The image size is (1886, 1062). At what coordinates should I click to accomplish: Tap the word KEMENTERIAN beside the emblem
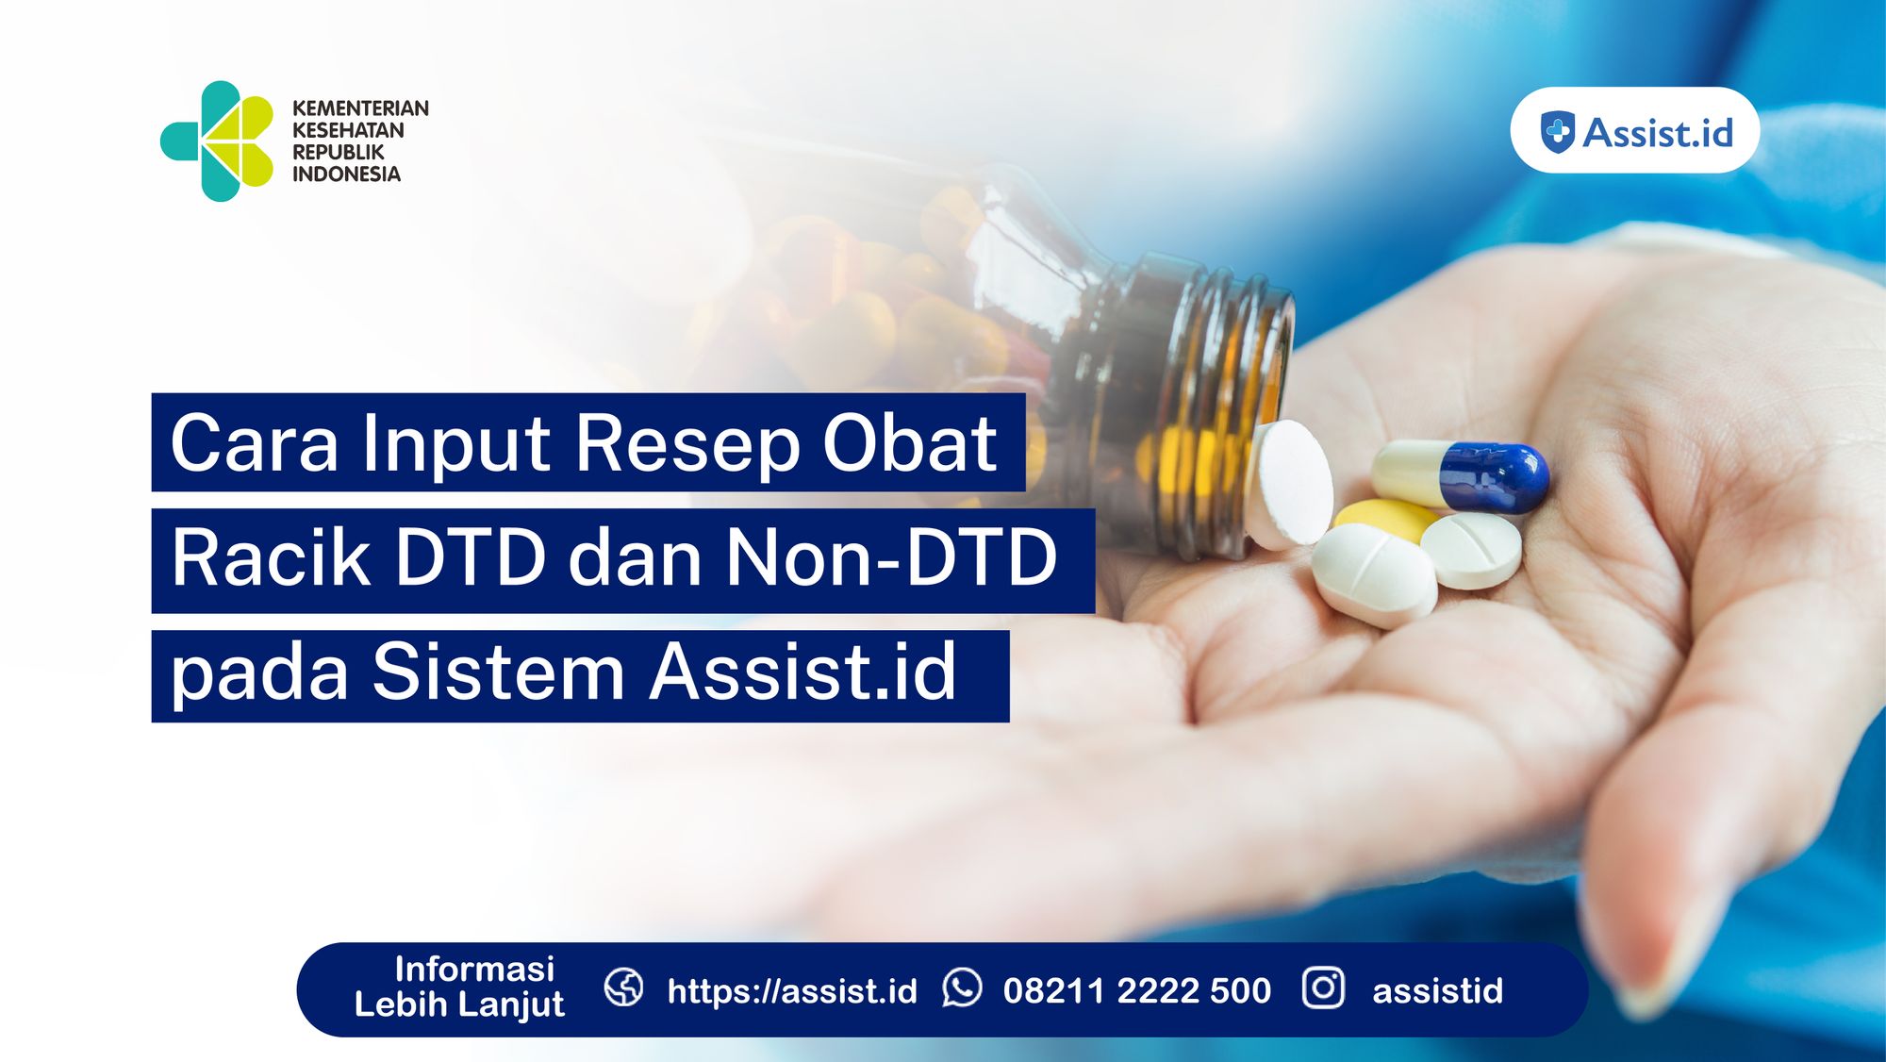[360, 108]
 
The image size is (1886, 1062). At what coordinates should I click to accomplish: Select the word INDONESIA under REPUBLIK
[346, 174]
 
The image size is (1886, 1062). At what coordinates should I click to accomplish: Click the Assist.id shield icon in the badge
[1557, 131]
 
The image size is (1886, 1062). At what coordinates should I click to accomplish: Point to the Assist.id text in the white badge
[1657, 132]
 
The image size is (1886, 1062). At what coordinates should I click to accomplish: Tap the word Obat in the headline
[909, 443]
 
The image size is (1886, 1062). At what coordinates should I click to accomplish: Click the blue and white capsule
[1461, 475]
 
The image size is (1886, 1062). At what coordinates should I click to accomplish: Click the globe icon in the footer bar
[624, 988]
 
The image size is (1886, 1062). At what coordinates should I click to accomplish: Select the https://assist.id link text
[792, 990]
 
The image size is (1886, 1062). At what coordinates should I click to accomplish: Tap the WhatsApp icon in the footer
[962, 988]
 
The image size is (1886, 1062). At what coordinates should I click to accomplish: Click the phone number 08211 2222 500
[1137, 990]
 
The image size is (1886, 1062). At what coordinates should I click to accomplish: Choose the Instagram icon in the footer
[1323, 988]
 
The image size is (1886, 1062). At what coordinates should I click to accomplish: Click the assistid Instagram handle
[1437, 990]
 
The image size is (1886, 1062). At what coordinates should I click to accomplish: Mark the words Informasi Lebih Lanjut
[460, 987]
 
